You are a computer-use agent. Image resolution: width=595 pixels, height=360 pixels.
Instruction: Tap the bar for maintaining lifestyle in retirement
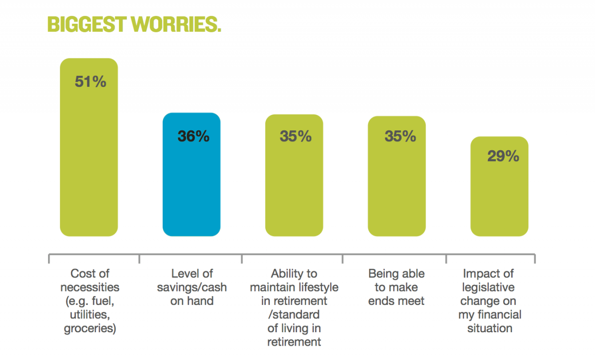click(x=294, y=188)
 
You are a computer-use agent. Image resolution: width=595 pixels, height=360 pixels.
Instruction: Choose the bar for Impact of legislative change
click(x=499, y=198)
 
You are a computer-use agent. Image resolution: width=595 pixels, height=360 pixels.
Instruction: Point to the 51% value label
click(x=90, y=82)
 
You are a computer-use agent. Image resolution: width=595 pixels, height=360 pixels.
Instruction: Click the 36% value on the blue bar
click(x=193, y=136)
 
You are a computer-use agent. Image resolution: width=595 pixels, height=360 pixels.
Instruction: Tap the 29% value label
click(x=503, y=156)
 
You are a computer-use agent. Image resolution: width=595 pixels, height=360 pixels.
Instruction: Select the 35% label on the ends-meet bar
click(x=400, y=136)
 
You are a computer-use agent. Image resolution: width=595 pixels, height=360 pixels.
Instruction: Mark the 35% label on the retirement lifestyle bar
click(x=296, y=136)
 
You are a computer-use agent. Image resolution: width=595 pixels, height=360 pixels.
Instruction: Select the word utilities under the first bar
click(x=90, y=314)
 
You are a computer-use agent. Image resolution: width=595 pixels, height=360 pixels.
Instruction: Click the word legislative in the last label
click(x=488, y=287)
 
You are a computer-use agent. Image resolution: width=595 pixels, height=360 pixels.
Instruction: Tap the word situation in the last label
click(x=489, y=328)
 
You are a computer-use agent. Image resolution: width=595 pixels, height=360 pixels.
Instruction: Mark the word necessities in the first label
click(x=90, y=287)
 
